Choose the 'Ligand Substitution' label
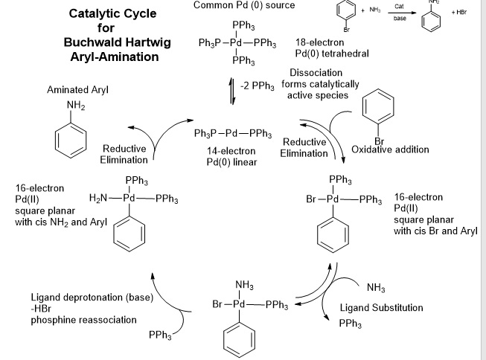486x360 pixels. (381, 308)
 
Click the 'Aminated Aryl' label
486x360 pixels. (78, 90)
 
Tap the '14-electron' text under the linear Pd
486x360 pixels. (231, 151)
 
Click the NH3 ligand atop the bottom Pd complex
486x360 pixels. (243, 285)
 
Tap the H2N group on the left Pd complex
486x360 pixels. (100, 199)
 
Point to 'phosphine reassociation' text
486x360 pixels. (83, 320)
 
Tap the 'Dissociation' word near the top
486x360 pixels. (316, 73)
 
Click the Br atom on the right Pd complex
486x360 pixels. (313, 200)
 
